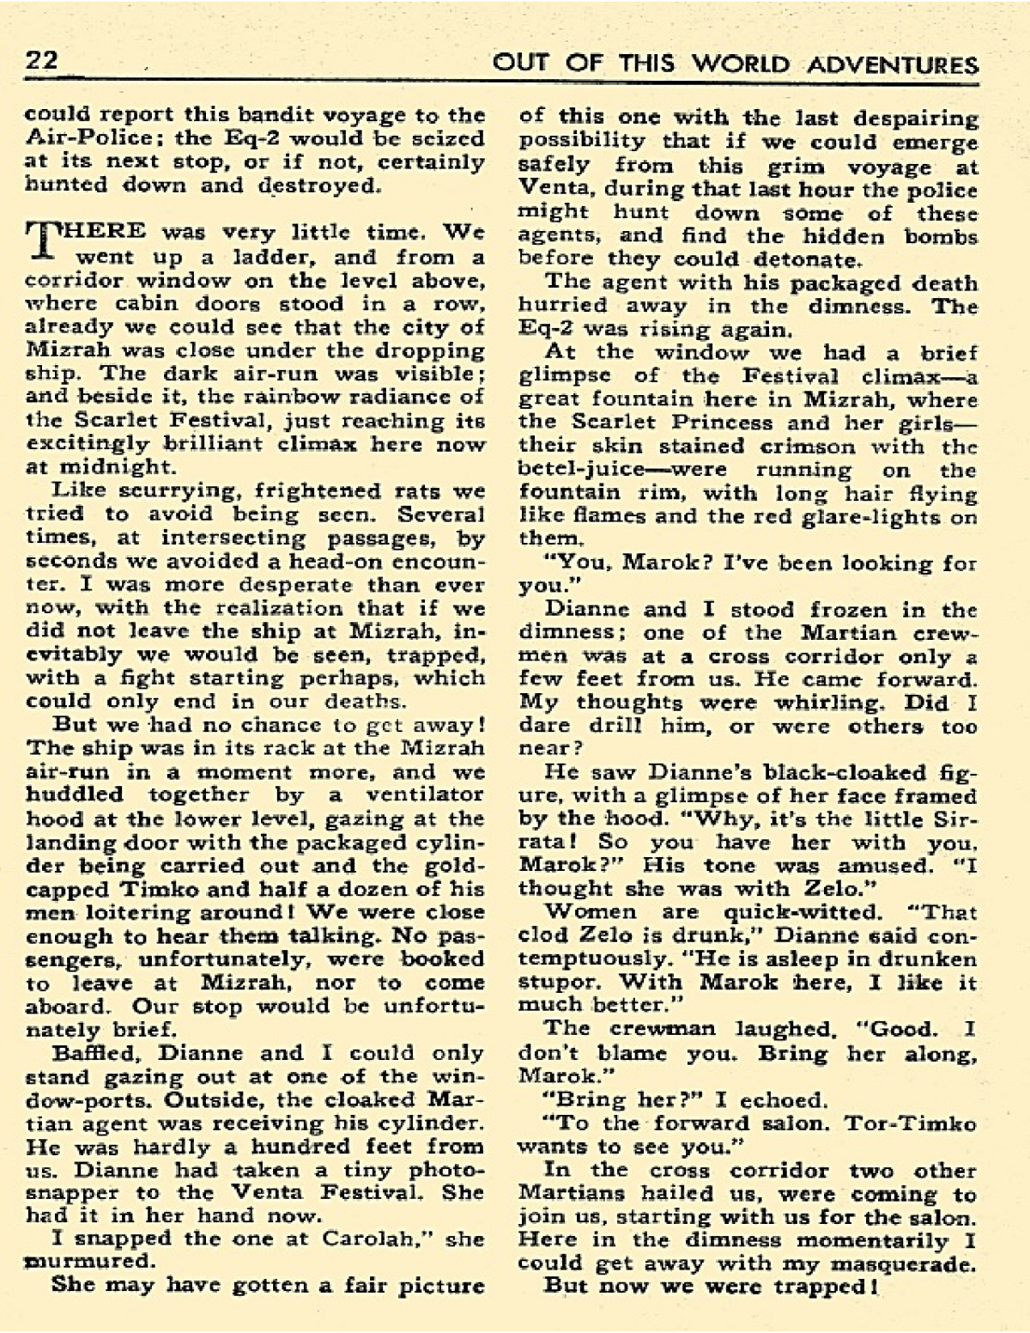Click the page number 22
click(x=40, y=61)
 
